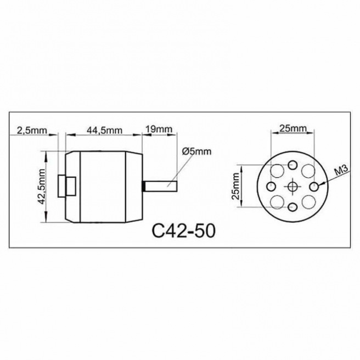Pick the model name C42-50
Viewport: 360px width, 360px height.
[x=183, y=230]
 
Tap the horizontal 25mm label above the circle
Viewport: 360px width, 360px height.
[x=292, y=129]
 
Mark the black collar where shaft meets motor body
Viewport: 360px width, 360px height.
[x=144, y=186]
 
